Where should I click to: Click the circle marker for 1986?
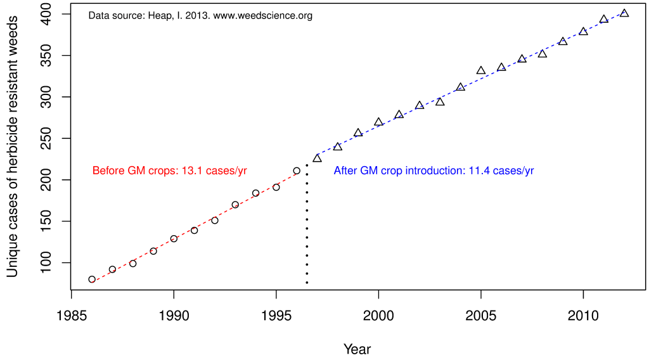click(x=92, y=280)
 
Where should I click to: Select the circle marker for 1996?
click(x=297, y=170)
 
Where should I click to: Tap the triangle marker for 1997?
click(x=317, y=158)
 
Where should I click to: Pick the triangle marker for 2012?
click(x=624, y=13)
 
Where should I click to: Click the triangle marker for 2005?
click(x=481, y=71)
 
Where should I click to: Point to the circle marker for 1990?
click(x=174, y=239)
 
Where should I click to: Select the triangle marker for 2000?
click(x=378, y=122)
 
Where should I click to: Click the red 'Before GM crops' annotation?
click(x=169, y=170)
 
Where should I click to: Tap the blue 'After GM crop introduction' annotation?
click(x=434, y=170)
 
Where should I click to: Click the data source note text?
click(x=200, y=16)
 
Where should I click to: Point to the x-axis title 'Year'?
click(x=357, y=349)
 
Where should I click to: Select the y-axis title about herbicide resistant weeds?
click(x=13, y=146)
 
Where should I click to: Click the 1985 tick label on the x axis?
click(x=71, y=314)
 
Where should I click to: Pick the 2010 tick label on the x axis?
click(x=583, y=314)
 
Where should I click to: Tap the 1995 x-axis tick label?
click(x=276, y=314)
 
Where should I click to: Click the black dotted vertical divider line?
click(x=307, y=222)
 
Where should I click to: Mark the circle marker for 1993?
click(x=235, y=205)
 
